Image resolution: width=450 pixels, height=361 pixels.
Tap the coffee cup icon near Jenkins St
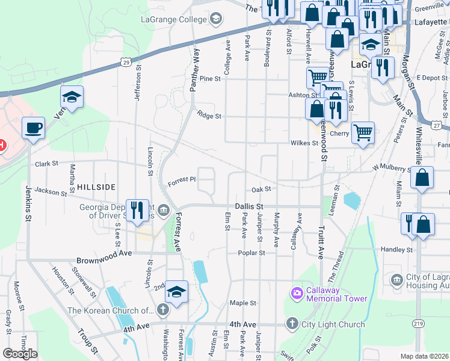(33, 128)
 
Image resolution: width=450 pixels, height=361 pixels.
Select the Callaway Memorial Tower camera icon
(296, 294)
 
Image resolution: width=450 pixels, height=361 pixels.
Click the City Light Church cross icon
(292, 324)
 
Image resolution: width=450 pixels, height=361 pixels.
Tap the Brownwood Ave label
(103, 261)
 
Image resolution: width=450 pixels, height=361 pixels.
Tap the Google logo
(20, 354)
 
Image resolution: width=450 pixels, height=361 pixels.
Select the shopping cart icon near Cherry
(363, 132)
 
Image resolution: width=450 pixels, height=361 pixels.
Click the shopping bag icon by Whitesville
(423, 178)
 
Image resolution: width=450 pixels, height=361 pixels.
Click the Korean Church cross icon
(162, 310)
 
